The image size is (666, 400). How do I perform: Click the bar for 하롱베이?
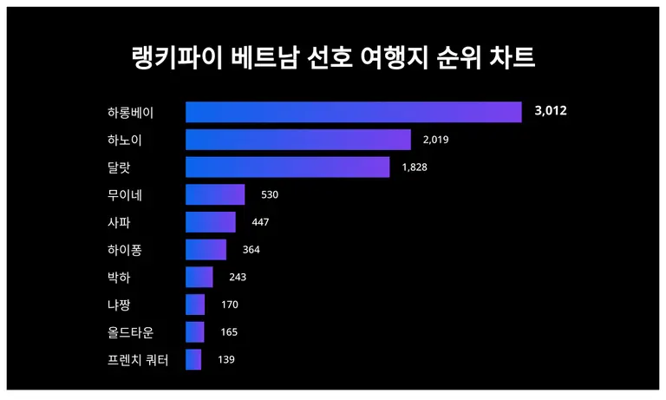[x=353, y=112]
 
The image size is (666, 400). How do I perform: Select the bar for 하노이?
[x=297, y=140]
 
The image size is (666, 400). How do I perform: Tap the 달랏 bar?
[x=287, y=167]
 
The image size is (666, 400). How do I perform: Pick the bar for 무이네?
[x=215, y=194]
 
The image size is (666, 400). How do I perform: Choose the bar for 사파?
[x=210, y=222]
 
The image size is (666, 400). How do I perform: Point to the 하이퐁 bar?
[x=206, y=250]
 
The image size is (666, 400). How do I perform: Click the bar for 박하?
[x=199, y=277]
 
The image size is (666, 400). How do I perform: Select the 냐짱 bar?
[x=195, y=305]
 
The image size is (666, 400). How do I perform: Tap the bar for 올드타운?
[x=195, y=332]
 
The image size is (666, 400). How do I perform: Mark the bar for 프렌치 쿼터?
[x=193, y=359]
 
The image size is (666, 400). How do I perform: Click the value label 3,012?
[x=551, y=111]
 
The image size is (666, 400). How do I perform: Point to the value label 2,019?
[x=435, y=140]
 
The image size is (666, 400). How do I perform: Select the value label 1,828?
[x=415, y=167]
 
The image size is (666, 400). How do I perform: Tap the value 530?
[x=269, y=194]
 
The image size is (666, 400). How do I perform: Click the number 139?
[x=225, y=359]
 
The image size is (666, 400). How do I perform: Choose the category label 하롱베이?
[x=130, y=113]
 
